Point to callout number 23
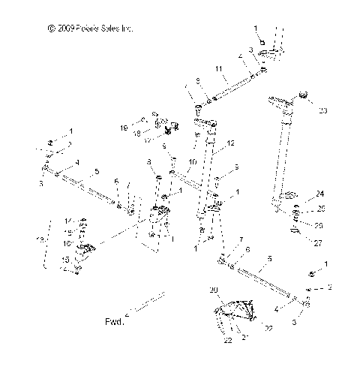323,110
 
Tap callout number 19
124,128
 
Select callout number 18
137,134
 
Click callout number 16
67,244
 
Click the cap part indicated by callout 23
304,95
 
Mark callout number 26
319,225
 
